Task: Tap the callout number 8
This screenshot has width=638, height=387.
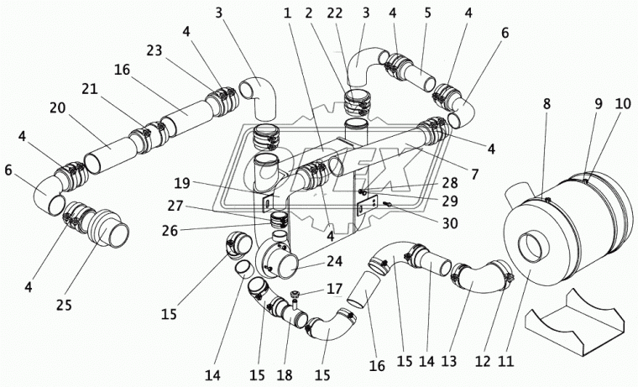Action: [546, 105]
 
